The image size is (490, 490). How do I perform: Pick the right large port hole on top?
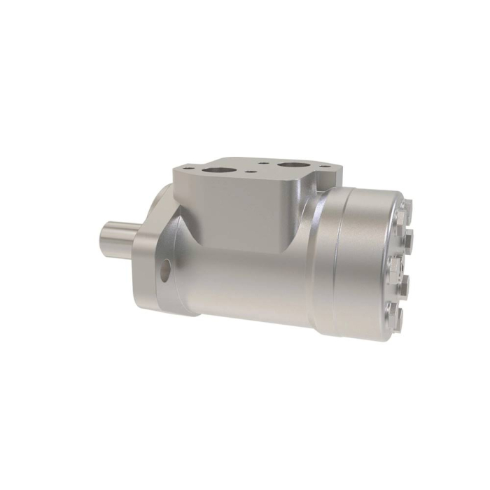tap(289, 167)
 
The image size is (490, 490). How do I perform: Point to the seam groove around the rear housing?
tap(338, 266)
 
